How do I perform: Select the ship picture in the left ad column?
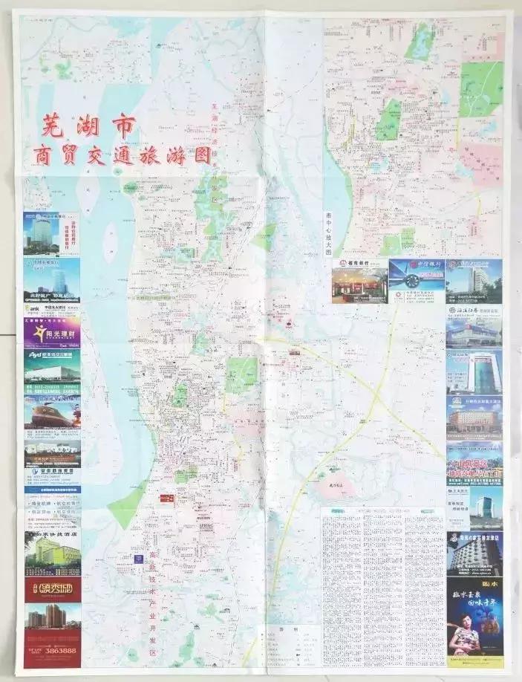point(52,412)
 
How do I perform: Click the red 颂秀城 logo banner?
point(52,591)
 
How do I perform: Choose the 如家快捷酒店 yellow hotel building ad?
point(52,554)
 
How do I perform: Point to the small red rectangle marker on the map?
point(166,498)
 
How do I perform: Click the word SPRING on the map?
point(206,525)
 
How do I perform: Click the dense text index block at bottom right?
point(382,587)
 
